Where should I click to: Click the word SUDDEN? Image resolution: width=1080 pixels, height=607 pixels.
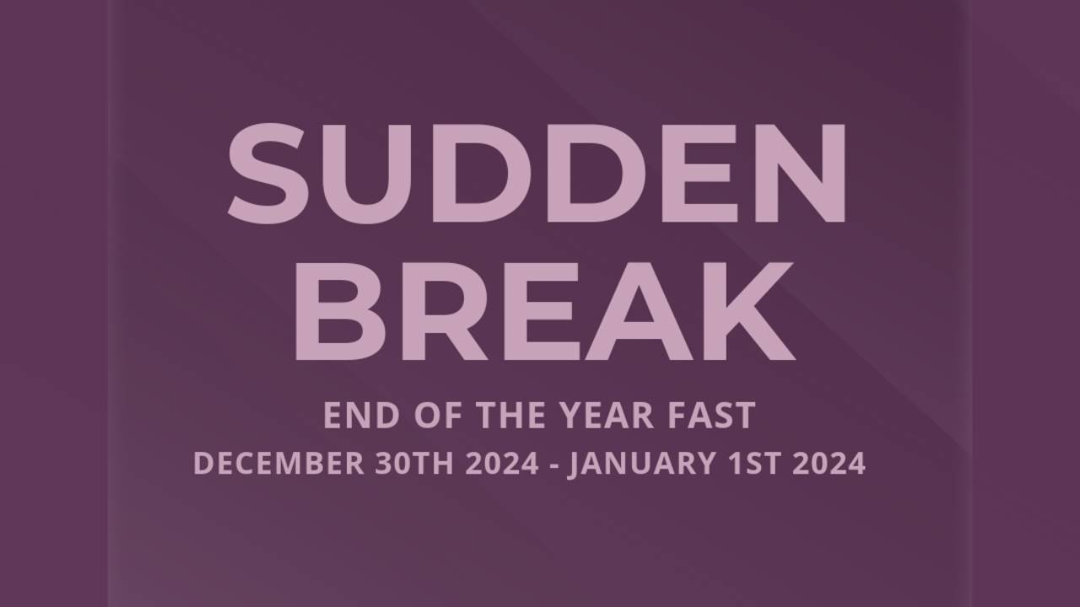(x=537, y=172)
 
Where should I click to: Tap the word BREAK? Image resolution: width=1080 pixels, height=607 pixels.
(x=544, y=311)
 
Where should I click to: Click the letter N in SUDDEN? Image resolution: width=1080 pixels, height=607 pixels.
(x=797, y=172)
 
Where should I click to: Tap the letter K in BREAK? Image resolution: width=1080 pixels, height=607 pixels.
(x=748, y=311)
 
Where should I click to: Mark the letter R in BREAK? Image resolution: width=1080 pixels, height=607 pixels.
(x=435, y=311)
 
